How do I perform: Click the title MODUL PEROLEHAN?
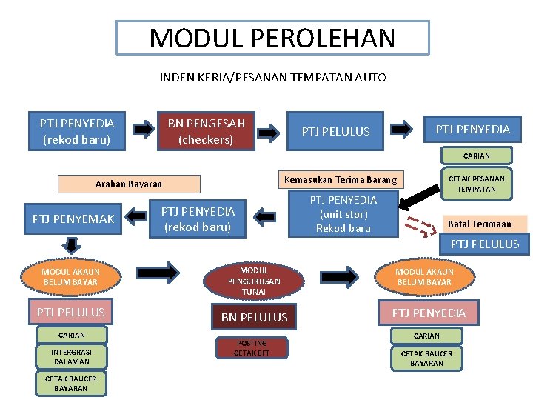click(272, 38)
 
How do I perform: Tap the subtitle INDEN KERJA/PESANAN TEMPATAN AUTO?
click(272, 77)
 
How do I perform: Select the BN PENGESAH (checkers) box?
click(206, 130)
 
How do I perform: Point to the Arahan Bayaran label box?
click(129, 184)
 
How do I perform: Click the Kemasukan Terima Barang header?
click(341, 180)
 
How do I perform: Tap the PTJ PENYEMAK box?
click(73, 219)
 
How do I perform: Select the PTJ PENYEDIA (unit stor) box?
click(343, 214)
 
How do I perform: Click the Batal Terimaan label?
click(479, 224)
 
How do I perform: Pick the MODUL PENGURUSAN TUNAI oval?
click(254, 281)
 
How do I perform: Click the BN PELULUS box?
click(254, 317)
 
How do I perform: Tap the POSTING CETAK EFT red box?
click(252, 347)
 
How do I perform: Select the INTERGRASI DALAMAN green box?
click(71, 357)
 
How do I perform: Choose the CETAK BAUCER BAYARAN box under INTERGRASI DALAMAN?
click(71, 383)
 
